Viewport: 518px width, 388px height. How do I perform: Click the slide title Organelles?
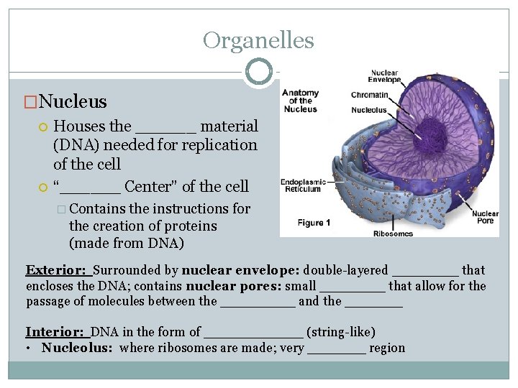click(x=258, y=40)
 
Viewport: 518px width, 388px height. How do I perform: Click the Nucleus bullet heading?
click(x=73, y=102)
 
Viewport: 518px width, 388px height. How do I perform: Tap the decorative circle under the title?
click(x=258, y=71)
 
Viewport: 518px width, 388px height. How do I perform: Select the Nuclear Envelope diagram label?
click(x=385, y=76)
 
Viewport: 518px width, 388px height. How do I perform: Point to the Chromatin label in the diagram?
click(x=370, y=95)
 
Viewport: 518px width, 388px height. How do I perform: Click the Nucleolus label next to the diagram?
click(x=369, y=110)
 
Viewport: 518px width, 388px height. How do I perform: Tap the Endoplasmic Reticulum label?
click(x=301, y=185)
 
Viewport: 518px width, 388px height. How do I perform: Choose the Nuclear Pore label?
click(x=485, y=216)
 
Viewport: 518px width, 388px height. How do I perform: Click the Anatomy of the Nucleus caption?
click(x=301, y=101)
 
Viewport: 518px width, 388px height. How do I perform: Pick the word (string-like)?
click(x=340, y=332)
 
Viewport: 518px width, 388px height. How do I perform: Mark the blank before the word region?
click(x=336, y=349)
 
